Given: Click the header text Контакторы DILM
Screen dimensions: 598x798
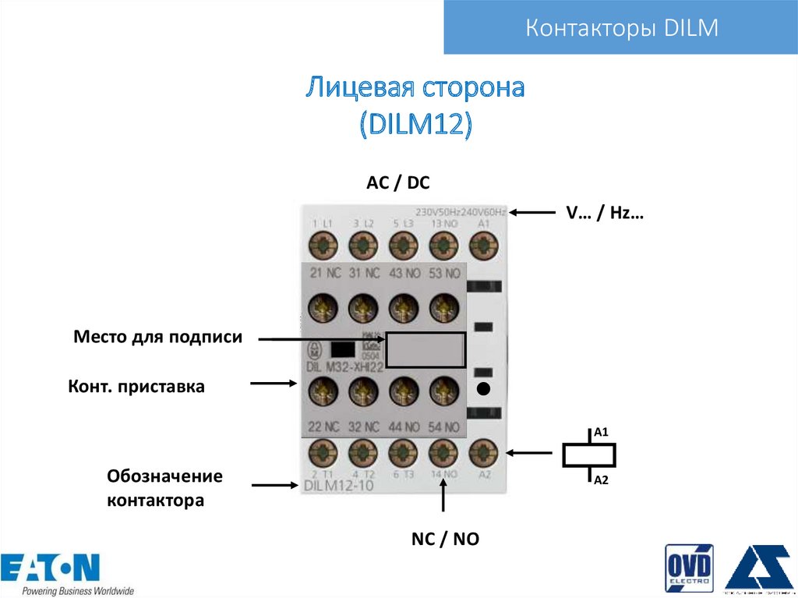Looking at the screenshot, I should click(x=621, y=29).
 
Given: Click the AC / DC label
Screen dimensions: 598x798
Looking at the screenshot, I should click(x=398, y=183).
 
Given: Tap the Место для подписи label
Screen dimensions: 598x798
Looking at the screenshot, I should click(x=158, y=337).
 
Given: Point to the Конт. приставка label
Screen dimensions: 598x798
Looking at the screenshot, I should click(x=136, y=386).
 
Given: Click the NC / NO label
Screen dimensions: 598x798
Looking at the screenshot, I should click(x=445, y=539).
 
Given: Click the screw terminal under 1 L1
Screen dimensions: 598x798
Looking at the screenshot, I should click(x=323, y=246).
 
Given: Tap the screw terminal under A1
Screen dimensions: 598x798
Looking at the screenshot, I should click(x=484, y=246).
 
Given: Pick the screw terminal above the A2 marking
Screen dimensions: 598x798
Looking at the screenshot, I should click(x=484, y=451).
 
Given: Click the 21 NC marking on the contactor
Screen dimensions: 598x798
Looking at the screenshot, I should click(x=323, y=273).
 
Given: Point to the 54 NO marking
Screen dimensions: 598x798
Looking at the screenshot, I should click(x=444, y=426).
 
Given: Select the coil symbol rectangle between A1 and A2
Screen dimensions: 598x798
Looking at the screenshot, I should click(x=589, y=455).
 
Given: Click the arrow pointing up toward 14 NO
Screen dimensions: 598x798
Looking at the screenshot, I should click(x=443, y=495).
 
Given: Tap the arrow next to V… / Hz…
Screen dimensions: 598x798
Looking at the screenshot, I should click(x=532, y=212).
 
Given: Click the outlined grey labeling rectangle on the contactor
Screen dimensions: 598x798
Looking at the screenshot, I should click(x=425, y=350).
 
